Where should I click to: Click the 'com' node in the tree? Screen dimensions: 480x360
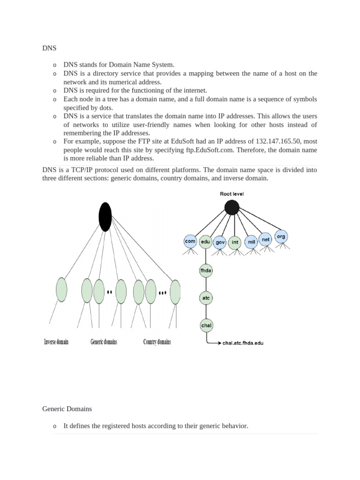[190, 241]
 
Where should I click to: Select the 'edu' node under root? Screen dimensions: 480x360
[205, 242]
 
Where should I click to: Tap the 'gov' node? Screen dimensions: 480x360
[220, 243]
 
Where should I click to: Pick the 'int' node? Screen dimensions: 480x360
[235, 242]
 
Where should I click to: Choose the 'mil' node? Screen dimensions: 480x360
[252, 242]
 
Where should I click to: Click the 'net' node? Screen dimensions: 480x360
[266, 240]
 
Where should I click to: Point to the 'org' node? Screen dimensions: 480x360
[281, 237]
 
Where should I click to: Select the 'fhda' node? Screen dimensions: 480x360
[206, 271]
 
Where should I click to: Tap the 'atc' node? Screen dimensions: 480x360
[206, 298]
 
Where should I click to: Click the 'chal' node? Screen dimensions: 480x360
[206, 325]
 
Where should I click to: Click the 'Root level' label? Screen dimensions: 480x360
[232, 194]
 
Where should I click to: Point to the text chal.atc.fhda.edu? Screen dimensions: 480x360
[243, 343]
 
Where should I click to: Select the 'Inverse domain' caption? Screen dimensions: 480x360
[56, 342]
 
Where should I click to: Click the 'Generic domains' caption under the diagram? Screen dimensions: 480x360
[104, 342]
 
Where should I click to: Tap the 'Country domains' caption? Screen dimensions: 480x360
[157, 342]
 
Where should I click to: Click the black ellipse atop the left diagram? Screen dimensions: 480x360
[105, 217]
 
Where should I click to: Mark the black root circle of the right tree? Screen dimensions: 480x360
[232, 208]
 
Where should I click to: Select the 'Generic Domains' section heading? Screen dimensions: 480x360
[67, 409]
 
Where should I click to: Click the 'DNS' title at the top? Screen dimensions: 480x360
[49, 48]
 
